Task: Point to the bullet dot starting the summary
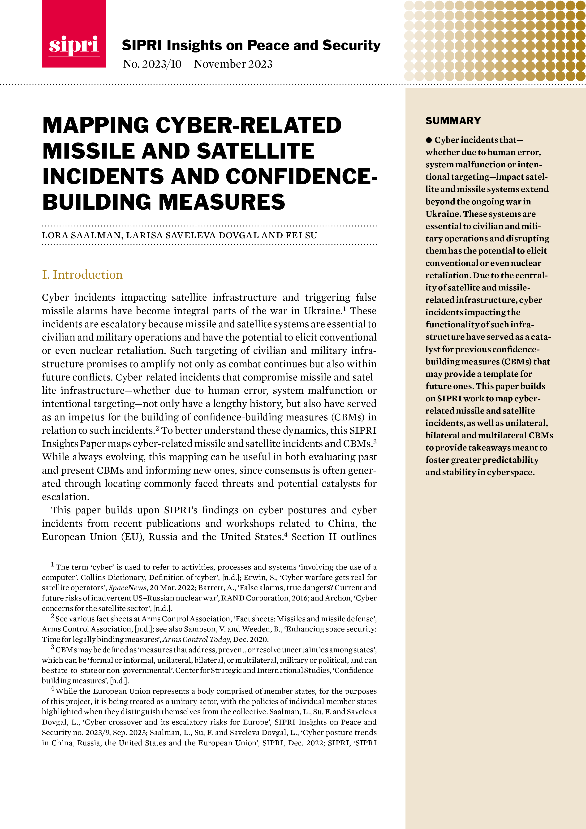(x=429, y=140)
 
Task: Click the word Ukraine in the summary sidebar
(x=442, y=214)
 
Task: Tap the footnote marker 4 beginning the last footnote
(x=53, y=689)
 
